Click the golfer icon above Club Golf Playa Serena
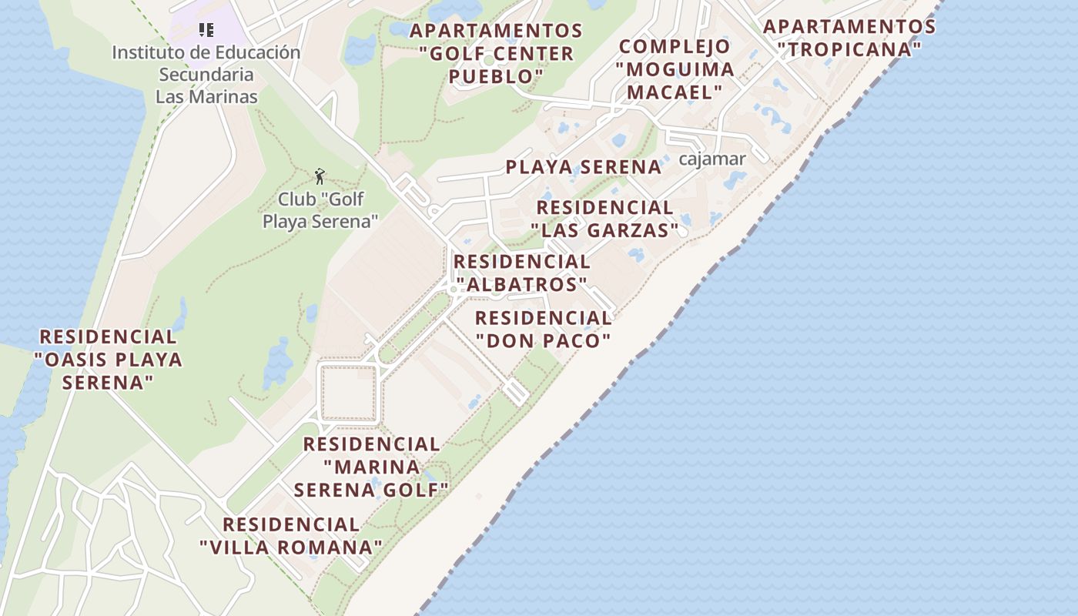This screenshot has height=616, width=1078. coord(320,176)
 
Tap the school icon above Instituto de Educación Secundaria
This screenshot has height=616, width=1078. coord(206,30)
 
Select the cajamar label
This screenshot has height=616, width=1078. coord(712,159)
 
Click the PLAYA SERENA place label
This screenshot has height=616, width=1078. coord(584,167)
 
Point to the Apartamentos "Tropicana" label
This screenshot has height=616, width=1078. coord(849,38)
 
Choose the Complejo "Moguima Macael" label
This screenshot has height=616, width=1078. coord(675,69)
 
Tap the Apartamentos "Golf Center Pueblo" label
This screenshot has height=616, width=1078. coord(497,53)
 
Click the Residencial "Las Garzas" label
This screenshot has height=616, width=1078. coord(605,219)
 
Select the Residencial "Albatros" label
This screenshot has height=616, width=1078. coord(521,273)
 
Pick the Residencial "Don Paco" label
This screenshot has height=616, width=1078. coord(544,329)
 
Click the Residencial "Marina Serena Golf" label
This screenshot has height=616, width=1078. coord(371,467)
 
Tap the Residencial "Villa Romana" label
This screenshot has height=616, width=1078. coord(291,536)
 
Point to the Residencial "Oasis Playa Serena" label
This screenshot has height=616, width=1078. coord(109,359)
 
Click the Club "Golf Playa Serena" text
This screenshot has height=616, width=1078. coord(320,210)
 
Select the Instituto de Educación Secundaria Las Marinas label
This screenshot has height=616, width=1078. coord(206,75)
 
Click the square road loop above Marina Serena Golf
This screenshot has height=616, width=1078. coord(348,393)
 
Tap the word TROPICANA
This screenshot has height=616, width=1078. coord(849,49)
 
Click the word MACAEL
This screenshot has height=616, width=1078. coord(675,92)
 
